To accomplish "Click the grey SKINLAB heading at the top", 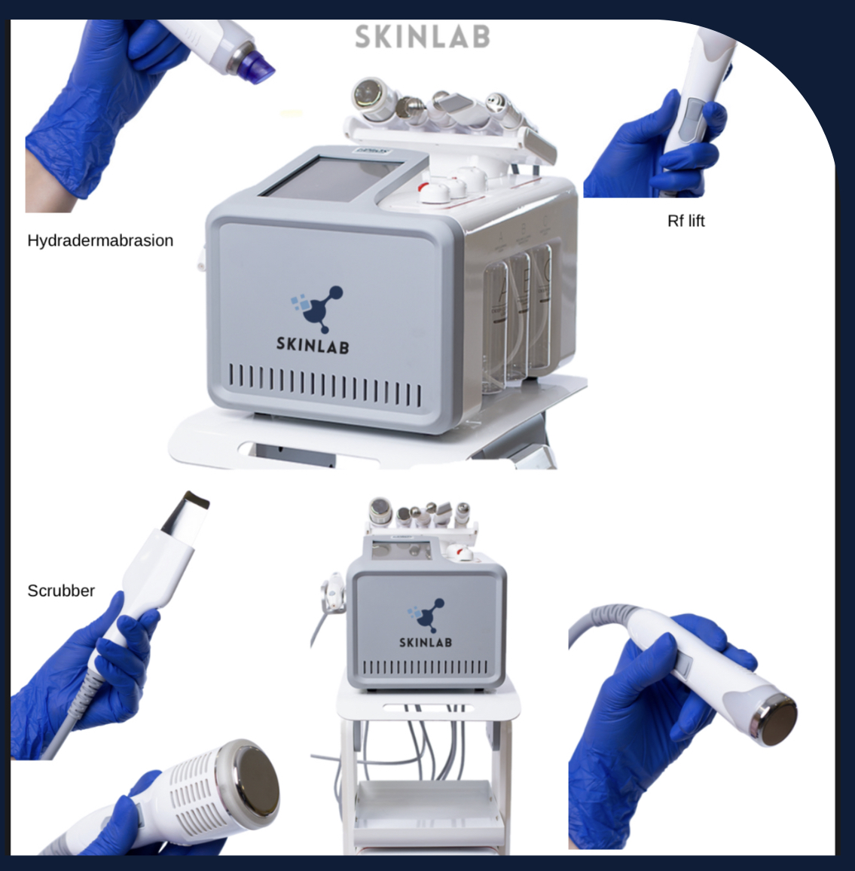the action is point(423,37).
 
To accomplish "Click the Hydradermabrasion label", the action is point(100,240).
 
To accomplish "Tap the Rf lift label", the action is point(686,221).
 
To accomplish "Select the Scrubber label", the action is point(61,591).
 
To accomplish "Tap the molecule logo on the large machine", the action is point(316,308).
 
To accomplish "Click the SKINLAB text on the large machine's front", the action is point(313,346).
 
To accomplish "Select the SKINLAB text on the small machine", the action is point(426,642).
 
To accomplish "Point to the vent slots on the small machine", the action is point(426,667).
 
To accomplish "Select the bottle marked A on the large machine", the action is point(496,328).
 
